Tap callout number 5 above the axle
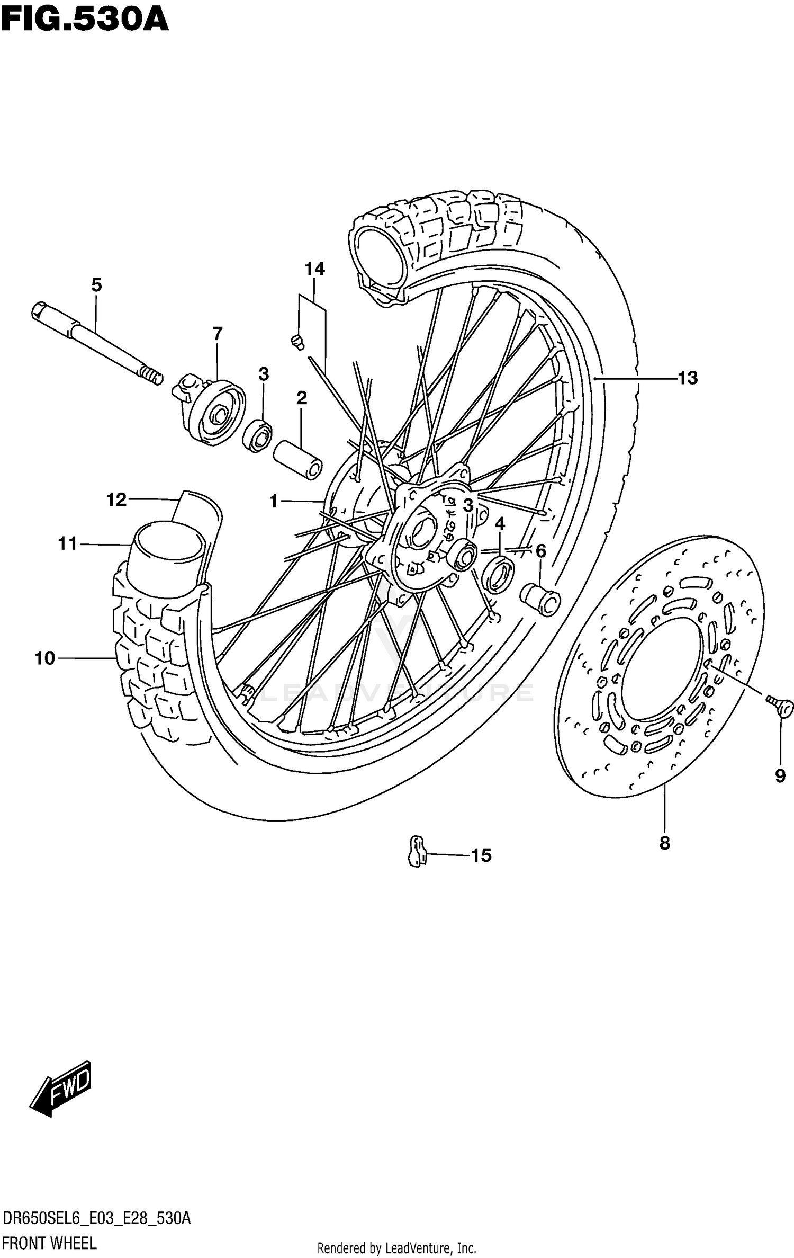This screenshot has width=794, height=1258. pos(96,285)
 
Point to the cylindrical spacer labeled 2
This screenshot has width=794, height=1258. pos(298,459)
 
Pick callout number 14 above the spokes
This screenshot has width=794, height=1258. pos(314,269)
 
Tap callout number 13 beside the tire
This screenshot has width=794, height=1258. pos(688,378)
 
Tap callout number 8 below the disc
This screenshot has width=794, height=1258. pos(665,843)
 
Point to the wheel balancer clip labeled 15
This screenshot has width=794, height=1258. pos(417,851)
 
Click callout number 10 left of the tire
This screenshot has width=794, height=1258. pos(45,658)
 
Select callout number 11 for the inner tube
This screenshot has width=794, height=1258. pos(68,543)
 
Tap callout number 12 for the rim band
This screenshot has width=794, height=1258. pos(116,499)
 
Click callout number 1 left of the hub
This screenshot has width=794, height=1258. pos(274,501)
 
